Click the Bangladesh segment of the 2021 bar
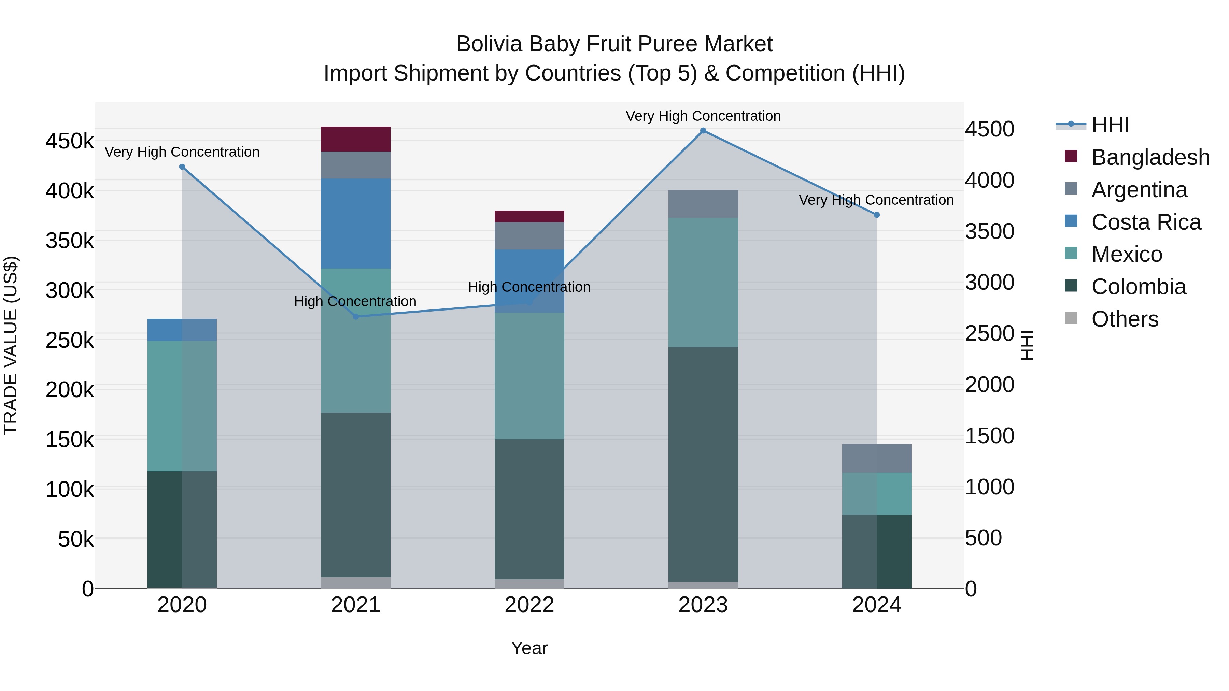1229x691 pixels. [355, 139]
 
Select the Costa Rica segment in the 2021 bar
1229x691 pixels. [355, 223]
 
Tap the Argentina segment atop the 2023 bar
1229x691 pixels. [703, 204]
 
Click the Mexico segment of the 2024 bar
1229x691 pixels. [876, 493]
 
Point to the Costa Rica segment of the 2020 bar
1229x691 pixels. [182, 330]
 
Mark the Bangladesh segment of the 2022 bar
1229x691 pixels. [529, 216]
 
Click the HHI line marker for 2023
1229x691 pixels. [703, 131]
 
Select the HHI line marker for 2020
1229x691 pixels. [182, 167]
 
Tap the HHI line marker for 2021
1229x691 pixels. [355, 317]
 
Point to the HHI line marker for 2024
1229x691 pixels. [876, 215]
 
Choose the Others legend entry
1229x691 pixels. [1125, 319]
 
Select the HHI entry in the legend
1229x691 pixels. [1110, 125]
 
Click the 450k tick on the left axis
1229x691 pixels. [70, 141]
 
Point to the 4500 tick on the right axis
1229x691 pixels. [989, 129]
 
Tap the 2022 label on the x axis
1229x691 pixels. [529, 605]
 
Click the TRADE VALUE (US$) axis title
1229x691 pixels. [11, 345]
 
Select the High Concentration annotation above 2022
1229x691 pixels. [529, 287]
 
